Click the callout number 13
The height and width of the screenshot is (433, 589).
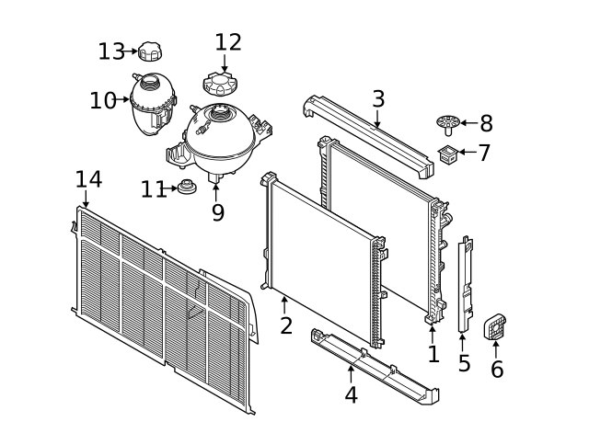pyautogui.click(x=111, y=51)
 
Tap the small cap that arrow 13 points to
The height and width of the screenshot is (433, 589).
pyautogui.click(x=150, y=51)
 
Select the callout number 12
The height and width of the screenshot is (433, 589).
pyautogui.click(x=228, y=42)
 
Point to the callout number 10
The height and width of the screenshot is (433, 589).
pyautogui.click(x=102, y=100)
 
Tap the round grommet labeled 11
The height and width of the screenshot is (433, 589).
pyautogui.click(x=187, y=187)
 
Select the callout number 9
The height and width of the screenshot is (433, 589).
pyautogui.click(x=218, y=212)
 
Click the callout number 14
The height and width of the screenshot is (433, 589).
pyautogui.click(x=88, y=179)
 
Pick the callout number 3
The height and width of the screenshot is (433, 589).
pyautogui.click(x=378, y=99)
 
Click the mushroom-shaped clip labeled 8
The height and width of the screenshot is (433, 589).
pyautogui.click(x=448, y=125)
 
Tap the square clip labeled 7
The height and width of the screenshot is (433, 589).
pyautogui.click(x=449, y=154)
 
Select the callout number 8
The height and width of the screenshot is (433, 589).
pyautogui.click(x=486, y=123)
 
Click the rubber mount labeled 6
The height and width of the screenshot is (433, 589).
pyautogui.click(x=495, y=326)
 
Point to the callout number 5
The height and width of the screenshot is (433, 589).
pyautogui.click(x=464, y=363)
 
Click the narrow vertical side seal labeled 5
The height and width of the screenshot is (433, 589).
pyautogui.click(x=465, y=284)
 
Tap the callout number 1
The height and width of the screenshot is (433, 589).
pyautogui.click(x=433, y=354)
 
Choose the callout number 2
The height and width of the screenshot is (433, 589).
pyautogui.click(x=286, y=325)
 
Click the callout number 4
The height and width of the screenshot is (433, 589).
pyautogui.click(x=351, y=394)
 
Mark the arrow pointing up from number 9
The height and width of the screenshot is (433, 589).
pyautogui.click(x=216, y=192)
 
